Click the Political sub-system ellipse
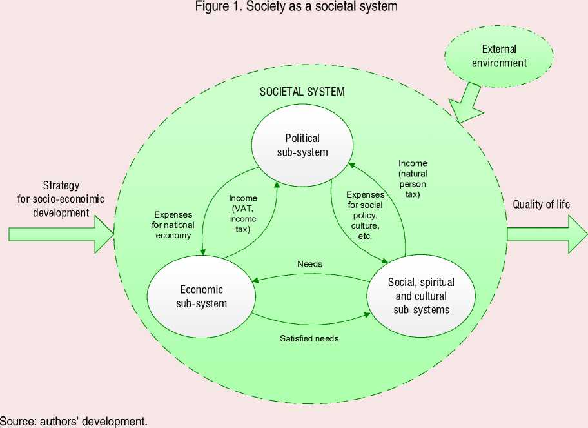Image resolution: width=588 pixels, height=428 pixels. pos(302,145)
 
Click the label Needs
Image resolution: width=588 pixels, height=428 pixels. pos(309,264)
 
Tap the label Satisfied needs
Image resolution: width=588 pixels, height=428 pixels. pos(309,338)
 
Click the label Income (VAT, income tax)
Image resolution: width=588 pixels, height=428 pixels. pos(243,213)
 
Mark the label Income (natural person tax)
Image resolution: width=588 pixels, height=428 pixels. pos(413,178)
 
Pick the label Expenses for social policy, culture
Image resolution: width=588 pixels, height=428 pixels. pos(364,214)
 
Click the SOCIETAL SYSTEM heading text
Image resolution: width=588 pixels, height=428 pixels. pos(302,91)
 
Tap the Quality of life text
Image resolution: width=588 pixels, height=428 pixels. pos(541,205)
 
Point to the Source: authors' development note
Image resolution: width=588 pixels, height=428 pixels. pos(74,422)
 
